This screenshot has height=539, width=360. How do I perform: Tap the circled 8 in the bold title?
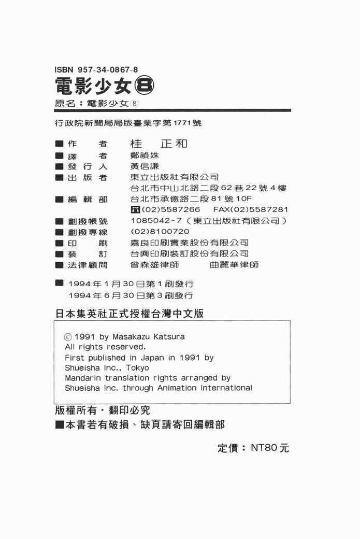[x=142, y=84]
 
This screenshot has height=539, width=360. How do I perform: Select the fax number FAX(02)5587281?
[x=250, y=210]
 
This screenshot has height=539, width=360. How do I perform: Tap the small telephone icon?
[x=136, y=210]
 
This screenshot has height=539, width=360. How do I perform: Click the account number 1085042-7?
[x=153, y=221]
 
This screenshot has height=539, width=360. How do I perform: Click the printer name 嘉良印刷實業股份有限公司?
[x=189, y=243]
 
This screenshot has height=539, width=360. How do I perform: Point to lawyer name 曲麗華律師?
[x=234, y=265]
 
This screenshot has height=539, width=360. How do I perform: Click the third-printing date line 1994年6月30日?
[x=131, y=295]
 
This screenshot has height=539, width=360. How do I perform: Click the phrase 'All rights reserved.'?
[x=105, y=347]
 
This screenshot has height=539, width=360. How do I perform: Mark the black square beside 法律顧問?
[x=59, y=265]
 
